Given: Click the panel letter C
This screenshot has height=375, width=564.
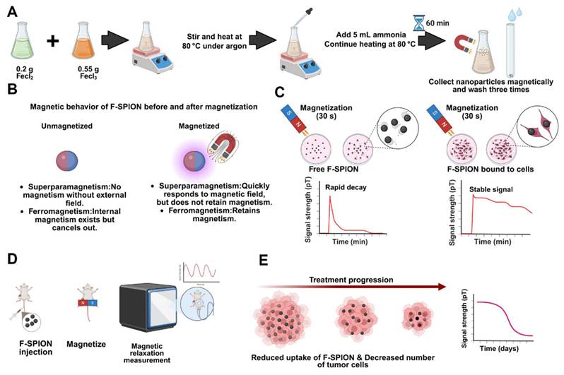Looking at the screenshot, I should click(300, 90).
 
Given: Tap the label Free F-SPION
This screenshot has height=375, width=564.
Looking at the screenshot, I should click(331, 170).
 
